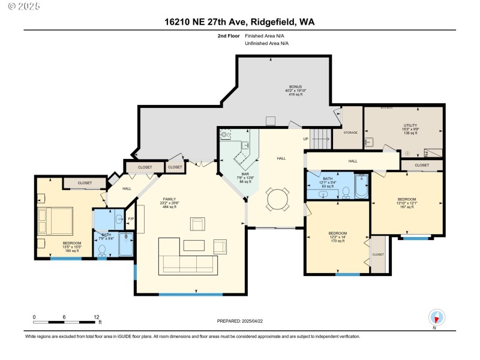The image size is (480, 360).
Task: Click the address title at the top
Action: coord(239,22)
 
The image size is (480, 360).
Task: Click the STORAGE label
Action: coord(350,133)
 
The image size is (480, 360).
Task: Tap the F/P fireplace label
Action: coord(131,219)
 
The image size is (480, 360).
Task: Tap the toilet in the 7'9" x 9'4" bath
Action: coord(102,249)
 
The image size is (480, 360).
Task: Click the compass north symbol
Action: coord(436,317)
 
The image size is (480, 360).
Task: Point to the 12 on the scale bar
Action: coord(96,317)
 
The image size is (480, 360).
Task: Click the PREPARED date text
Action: coord(239,321)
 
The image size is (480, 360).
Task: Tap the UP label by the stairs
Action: coord(305,139)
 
